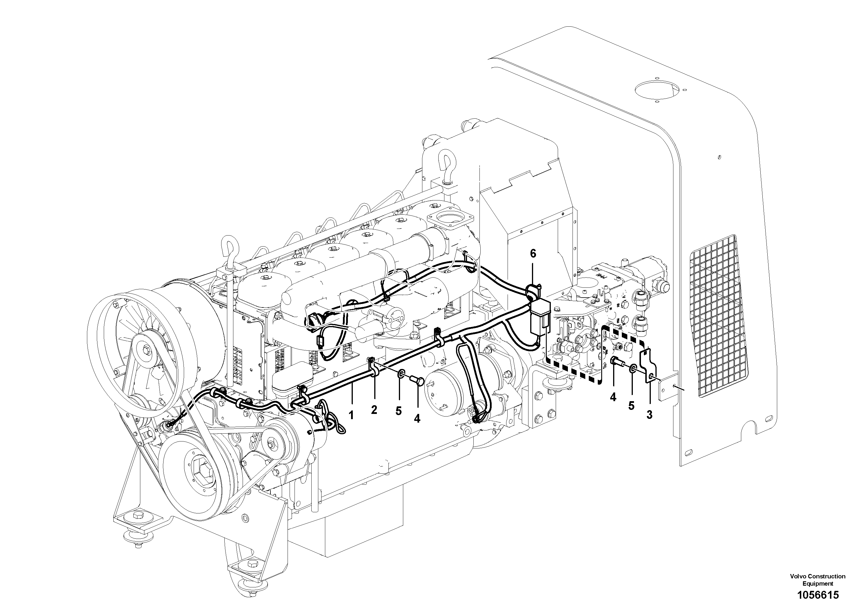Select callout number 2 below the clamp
click(x=374, y=410)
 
